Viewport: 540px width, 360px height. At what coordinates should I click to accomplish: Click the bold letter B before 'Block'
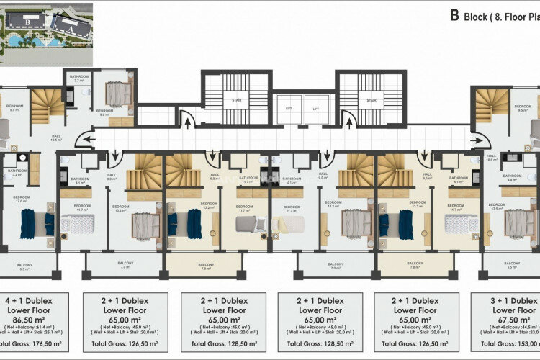click(x=454, y=14)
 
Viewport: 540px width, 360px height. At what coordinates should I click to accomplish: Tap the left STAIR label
click(x=235, y=101)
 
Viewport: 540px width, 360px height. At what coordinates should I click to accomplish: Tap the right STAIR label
click(x=372, y=101)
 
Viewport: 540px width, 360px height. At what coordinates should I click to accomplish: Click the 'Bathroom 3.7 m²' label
click(x=78, y=78)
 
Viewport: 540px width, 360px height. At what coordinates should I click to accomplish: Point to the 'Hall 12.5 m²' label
click(x=55, y=138)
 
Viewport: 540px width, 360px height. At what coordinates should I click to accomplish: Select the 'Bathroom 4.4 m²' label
click(x=512, y=177)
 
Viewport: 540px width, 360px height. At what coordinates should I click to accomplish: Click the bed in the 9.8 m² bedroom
click(x=115, y=94)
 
